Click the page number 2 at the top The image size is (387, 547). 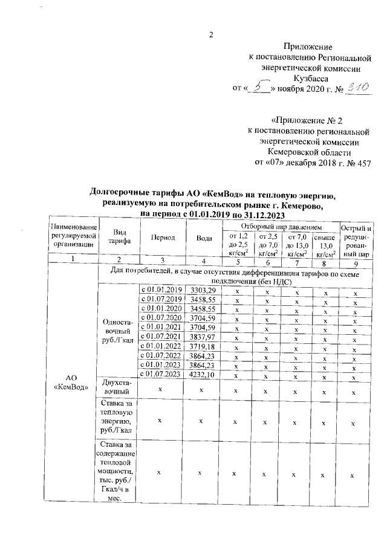point(211,34)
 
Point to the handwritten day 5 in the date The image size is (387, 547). point(261,89)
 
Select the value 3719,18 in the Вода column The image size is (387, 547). point(199,346)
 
